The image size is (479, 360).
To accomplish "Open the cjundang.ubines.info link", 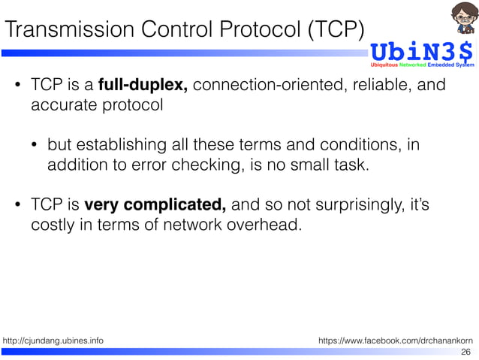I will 53,341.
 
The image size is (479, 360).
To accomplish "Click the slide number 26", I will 465,352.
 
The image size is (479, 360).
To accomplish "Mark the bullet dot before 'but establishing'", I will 35,144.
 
